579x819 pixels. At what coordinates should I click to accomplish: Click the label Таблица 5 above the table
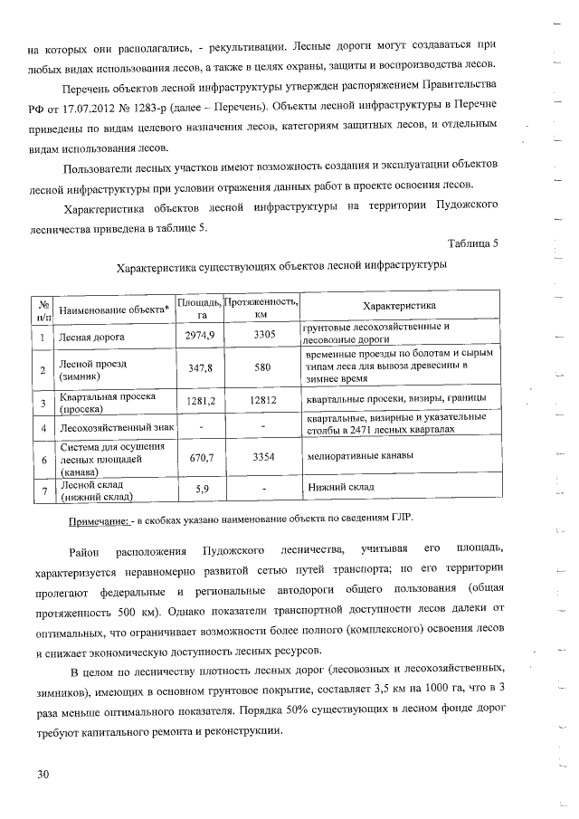pyautogui.click(x=472, y=244)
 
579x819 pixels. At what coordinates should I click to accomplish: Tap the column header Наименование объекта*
pyautogui.click(x=114, y=310)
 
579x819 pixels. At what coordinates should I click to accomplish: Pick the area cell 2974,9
pyautogui.click(x=198, y=336)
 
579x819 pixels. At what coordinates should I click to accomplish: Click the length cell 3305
pyautogui.click(x=263, y=336)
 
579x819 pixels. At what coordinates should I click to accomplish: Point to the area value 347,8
pyautogui.click(x=197, y=368)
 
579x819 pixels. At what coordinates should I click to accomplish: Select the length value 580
pyautogui.click(x=263, y=368)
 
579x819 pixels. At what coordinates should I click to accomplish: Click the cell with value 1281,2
pyautogui.click(x=197, y=401)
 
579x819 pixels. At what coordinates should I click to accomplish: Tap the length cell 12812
pyautogui.click(x=263, y=401)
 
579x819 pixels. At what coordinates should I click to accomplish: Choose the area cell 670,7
pyautogui.click(x=197, y=459)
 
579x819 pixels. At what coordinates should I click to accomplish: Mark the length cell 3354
pyautogui.click(x=263, y=459)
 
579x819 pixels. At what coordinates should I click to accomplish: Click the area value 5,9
pyautogui.click(x=197, y=490)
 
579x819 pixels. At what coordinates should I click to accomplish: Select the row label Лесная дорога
pyautogui.click(x=91, y=337)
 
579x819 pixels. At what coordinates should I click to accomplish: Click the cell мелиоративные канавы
pyautogui.click(x=360, y=456)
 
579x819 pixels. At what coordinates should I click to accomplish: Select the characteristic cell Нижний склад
pyautogui.click(x=341, y=487)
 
